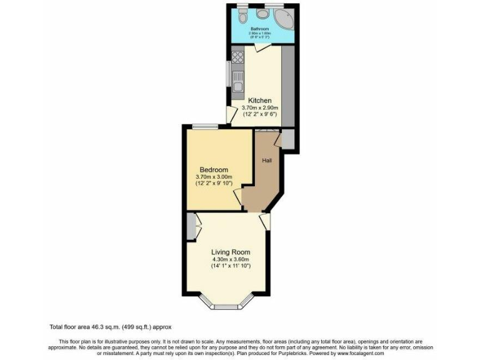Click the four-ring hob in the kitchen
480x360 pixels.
click(x=237, y=57)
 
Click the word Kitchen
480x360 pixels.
click(x=259, y=101)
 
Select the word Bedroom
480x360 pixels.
click(x=214, y=170)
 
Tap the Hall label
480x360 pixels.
click(x=267, y=161)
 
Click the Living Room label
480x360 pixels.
click(x=231, y=252)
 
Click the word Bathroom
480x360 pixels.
click(x=259, y=29)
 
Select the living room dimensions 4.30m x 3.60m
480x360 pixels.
click(x=231, y=260)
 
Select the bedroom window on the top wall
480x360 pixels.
click(x=205, y=127)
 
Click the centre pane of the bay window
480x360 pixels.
click(x=226, y=306)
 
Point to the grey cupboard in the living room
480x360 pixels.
click(x=190, y=227)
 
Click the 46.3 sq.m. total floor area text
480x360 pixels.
click(x=111, y=327)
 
